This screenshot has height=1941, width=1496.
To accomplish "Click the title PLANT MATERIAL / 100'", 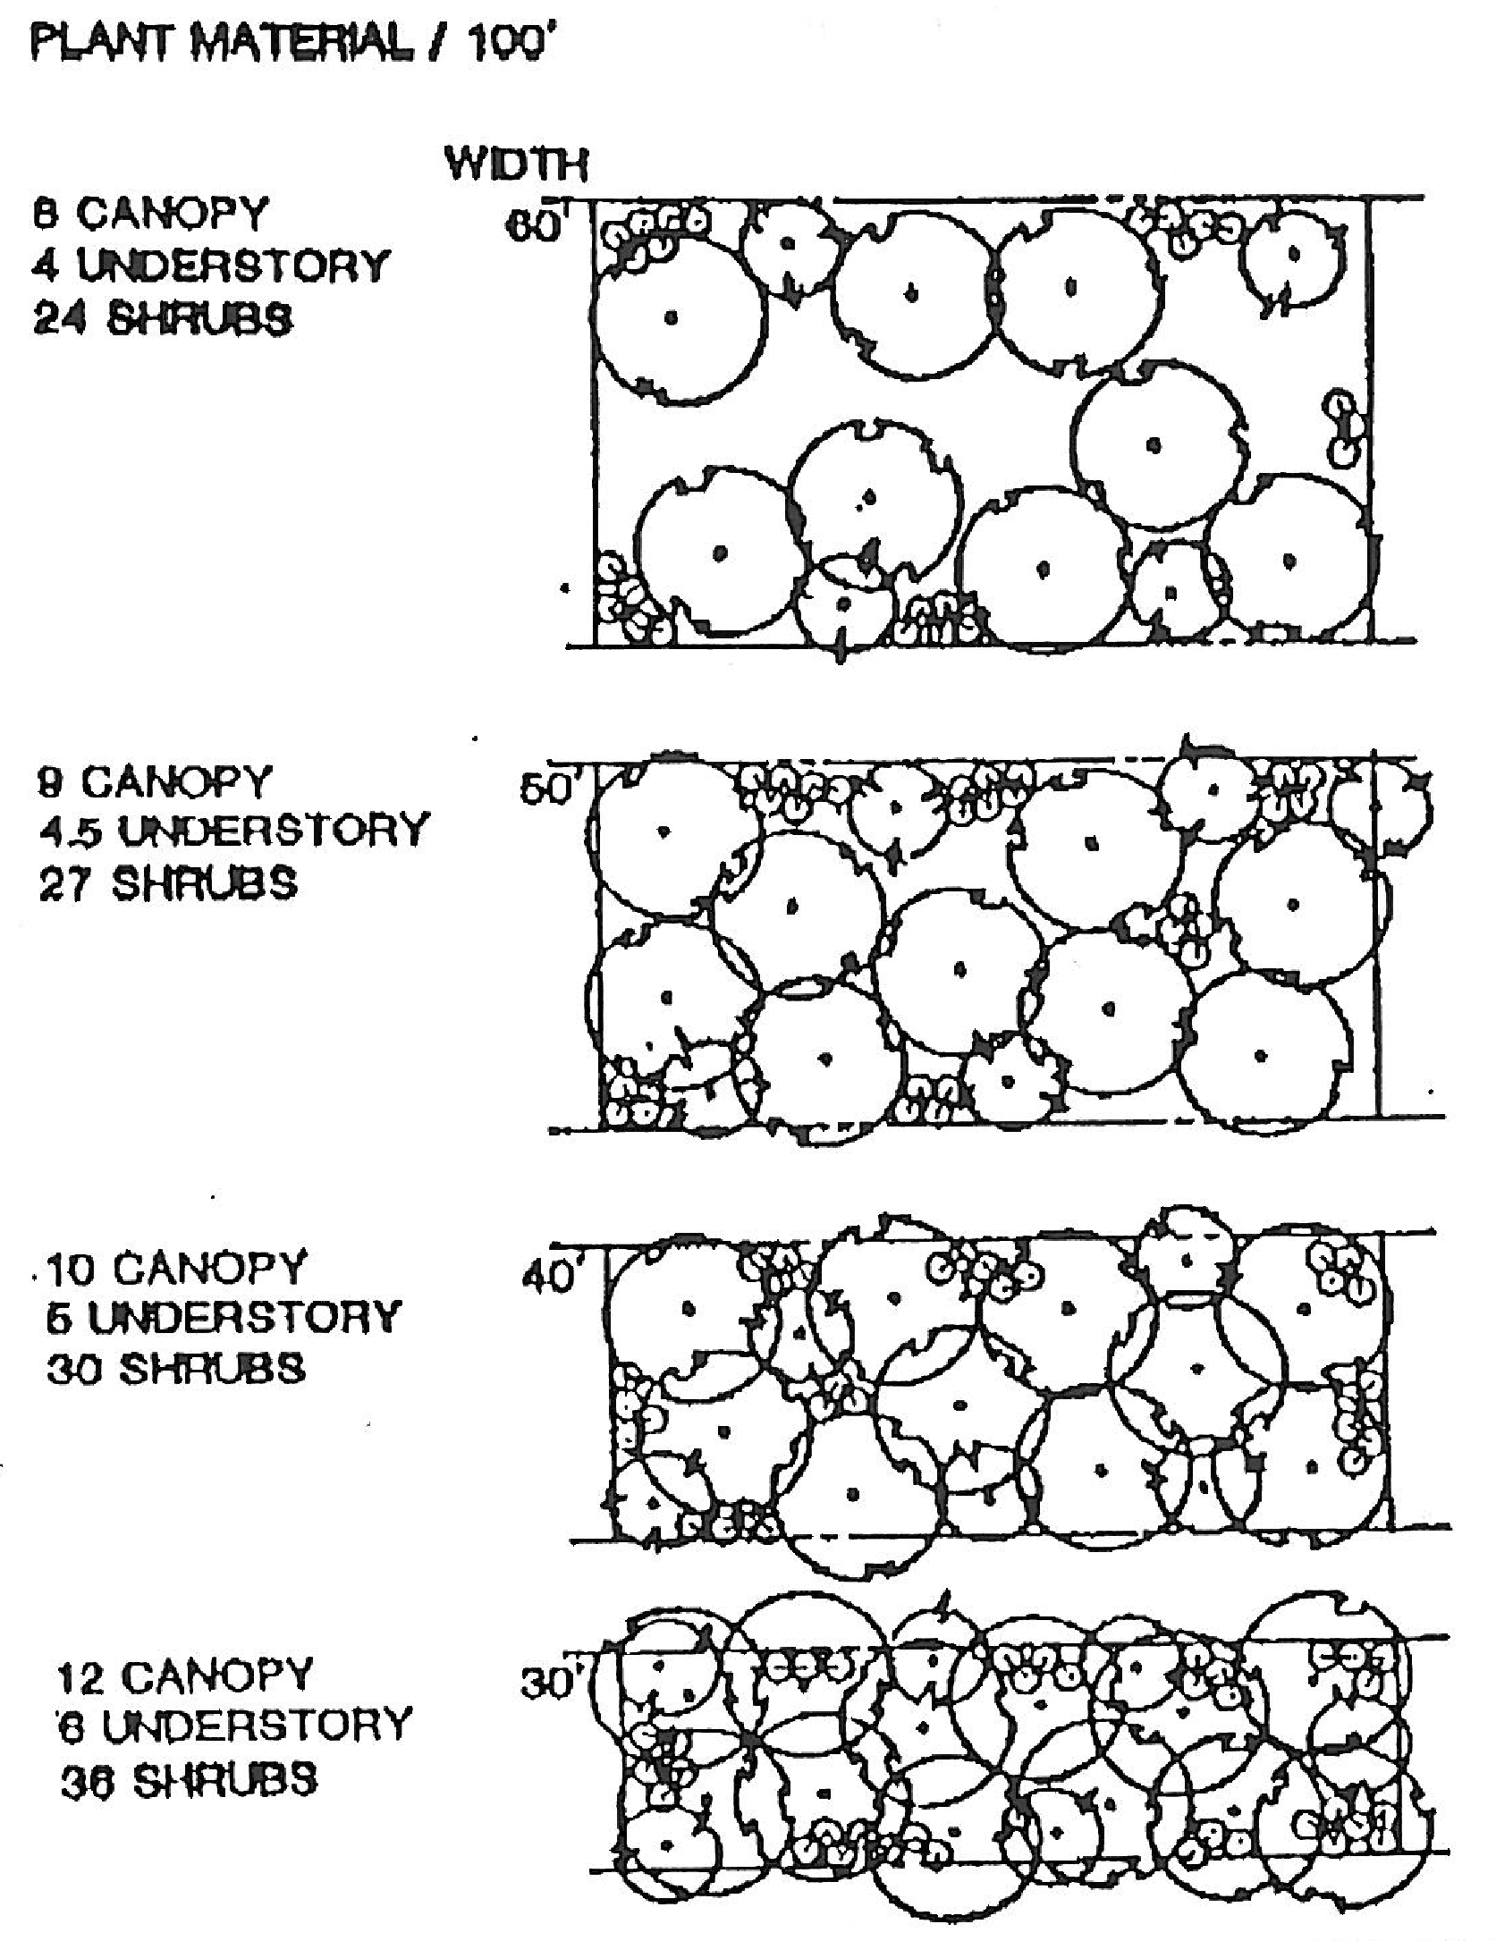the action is [x=286, y=42].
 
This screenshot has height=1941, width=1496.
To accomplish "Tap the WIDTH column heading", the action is [x=516, y=166].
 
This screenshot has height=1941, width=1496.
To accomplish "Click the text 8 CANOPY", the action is [x=150, y=214].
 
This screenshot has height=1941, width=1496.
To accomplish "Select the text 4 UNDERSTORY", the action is [x=211, y=266].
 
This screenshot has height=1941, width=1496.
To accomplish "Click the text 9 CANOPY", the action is [x=153, y=782].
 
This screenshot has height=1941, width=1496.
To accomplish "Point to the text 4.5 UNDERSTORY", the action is [x=233, y=831].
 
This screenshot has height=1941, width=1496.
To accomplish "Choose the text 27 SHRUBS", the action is [x=167, y=883].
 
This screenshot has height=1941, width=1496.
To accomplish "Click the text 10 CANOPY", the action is [x=175, y=1268].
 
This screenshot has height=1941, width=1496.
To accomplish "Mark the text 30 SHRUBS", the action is [x=175, y=1370].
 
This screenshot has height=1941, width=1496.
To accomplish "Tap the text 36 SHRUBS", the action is [x=188, y=1779].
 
